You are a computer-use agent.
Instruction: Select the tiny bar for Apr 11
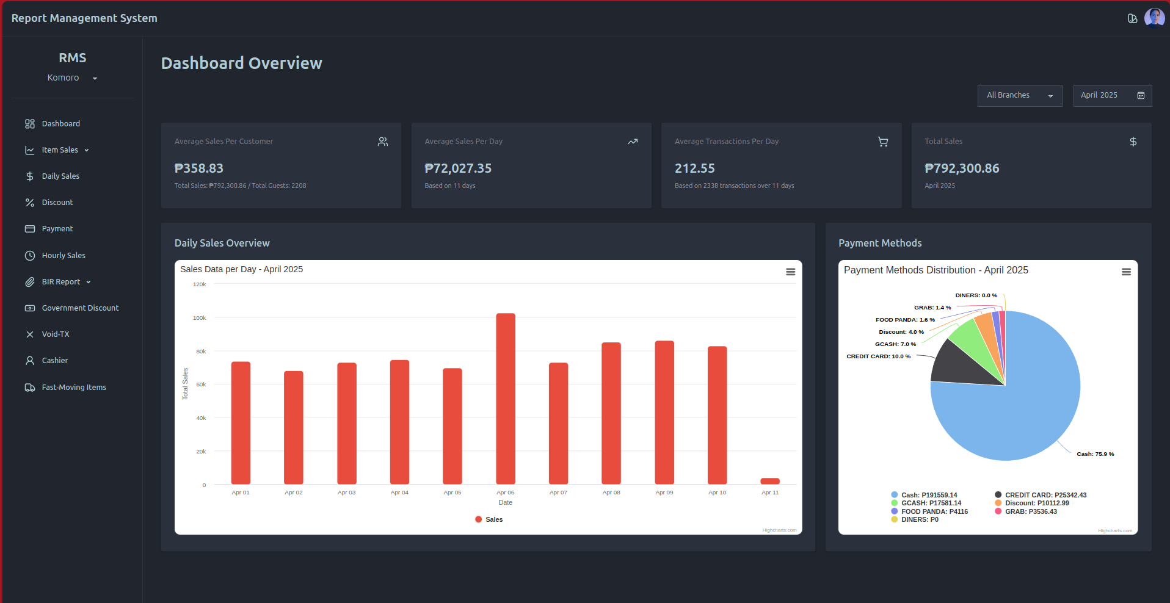(x=769, y=481)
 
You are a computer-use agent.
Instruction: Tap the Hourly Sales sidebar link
(x=63, y=256)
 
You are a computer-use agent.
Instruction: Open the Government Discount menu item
(x=79, y=308)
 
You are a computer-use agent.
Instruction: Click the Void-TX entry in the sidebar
(x=55, y=334)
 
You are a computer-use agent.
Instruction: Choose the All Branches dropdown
(x=1019, y=96)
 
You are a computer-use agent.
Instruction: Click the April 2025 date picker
(x=1111, y=96)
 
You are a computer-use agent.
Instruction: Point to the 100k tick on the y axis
(x=200, y=318)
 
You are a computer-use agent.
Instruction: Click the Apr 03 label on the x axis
(x=346, y=493)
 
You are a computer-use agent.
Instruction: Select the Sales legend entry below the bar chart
(x=489, y=519)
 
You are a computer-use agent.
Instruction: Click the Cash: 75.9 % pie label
(x=1095, y=454)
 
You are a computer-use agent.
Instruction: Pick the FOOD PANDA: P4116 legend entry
(x=934, y=511)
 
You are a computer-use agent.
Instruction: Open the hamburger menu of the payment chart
(x=1126, y=272)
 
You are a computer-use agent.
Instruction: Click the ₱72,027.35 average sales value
(x=458, y=168)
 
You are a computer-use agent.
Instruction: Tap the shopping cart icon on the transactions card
(x=882, y=142)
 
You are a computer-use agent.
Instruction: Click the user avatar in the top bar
(x=1154, y=18)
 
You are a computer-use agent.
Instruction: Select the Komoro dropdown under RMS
(x=72, y=78)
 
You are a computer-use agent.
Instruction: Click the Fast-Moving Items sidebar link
(x=73, y=388)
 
